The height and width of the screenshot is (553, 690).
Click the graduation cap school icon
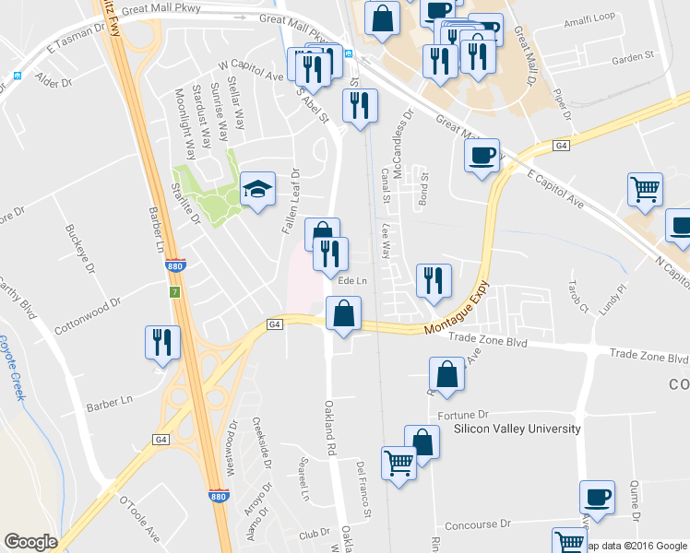coord(258,190)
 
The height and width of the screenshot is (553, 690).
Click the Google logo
coord(30,542)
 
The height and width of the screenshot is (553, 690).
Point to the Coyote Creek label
coord(11,368)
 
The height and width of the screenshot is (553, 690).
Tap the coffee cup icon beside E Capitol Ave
coord(481,156)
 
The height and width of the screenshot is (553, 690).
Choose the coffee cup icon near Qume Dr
coord(597,498)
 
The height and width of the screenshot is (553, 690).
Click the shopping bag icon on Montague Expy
coord(343,313)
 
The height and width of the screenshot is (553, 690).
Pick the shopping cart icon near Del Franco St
coord(399,464)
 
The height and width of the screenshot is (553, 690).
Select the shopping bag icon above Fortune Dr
coord(446,375)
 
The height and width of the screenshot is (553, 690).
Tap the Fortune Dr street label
coord(462,416)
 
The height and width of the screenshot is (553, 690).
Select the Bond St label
coord(424,188)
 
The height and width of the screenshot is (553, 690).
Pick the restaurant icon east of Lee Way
coord(433,281)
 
